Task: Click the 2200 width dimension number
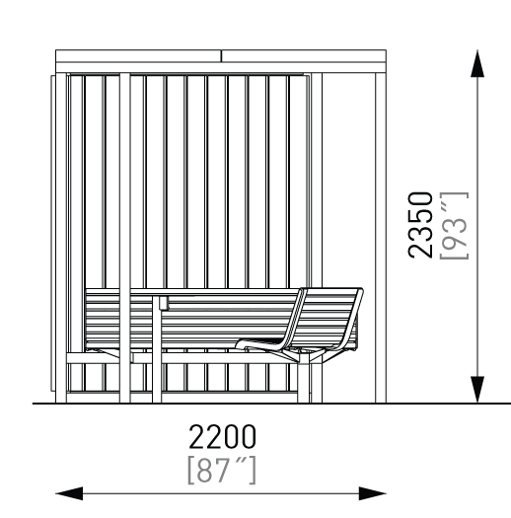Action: point(222,436)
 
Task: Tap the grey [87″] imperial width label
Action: point(222,470)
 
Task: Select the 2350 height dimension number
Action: point(420,225)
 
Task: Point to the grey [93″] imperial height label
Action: point(454,226)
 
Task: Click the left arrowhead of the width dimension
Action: point(69,493)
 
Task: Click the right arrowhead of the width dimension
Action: point(373,493)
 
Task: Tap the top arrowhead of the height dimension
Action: point(477,63)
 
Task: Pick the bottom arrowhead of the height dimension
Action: point(477,390)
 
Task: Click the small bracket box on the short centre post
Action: point(164,303)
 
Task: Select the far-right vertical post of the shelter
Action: point(381,238)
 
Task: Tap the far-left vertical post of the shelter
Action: point(61,238)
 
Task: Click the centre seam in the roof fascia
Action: point(221,56)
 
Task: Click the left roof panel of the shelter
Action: point(138,56)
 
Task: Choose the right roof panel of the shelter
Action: point(304,56)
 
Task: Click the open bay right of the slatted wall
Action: point(348,180)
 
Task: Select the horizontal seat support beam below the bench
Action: point(185,358)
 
